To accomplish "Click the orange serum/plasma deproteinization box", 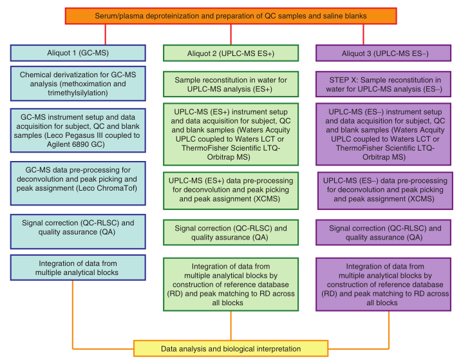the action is coord(230,16).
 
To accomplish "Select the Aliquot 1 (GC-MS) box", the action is coord(78,53).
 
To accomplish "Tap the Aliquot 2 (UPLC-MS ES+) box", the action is coord(230,53).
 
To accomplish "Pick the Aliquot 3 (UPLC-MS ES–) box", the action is coord(383,53).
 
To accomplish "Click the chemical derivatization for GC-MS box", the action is coord(78,84).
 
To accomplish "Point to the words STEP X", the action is coord(343,80).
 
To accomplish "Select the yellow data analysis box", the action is coord(230,349).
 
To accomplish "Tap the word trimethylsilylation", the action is coord(78,93).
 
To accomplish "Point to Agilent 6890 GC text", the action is coord(75,144).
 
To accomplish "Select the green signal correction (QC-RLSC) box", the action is coord(230,232).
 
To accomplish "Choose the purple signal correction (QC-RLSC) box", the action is coord(383,232).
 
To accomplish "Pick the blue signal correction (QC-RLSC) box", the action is coord(78,232).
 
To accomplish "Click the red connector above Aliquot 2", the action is coord(230,34).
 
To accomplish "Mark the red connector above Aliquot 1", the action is coord(105,34).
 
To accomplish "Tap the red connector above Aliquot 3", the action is coord(363,34).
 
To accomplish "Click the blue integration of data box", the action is coord(78,268).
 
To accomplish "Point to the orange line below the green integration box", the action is coord(230,326).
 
